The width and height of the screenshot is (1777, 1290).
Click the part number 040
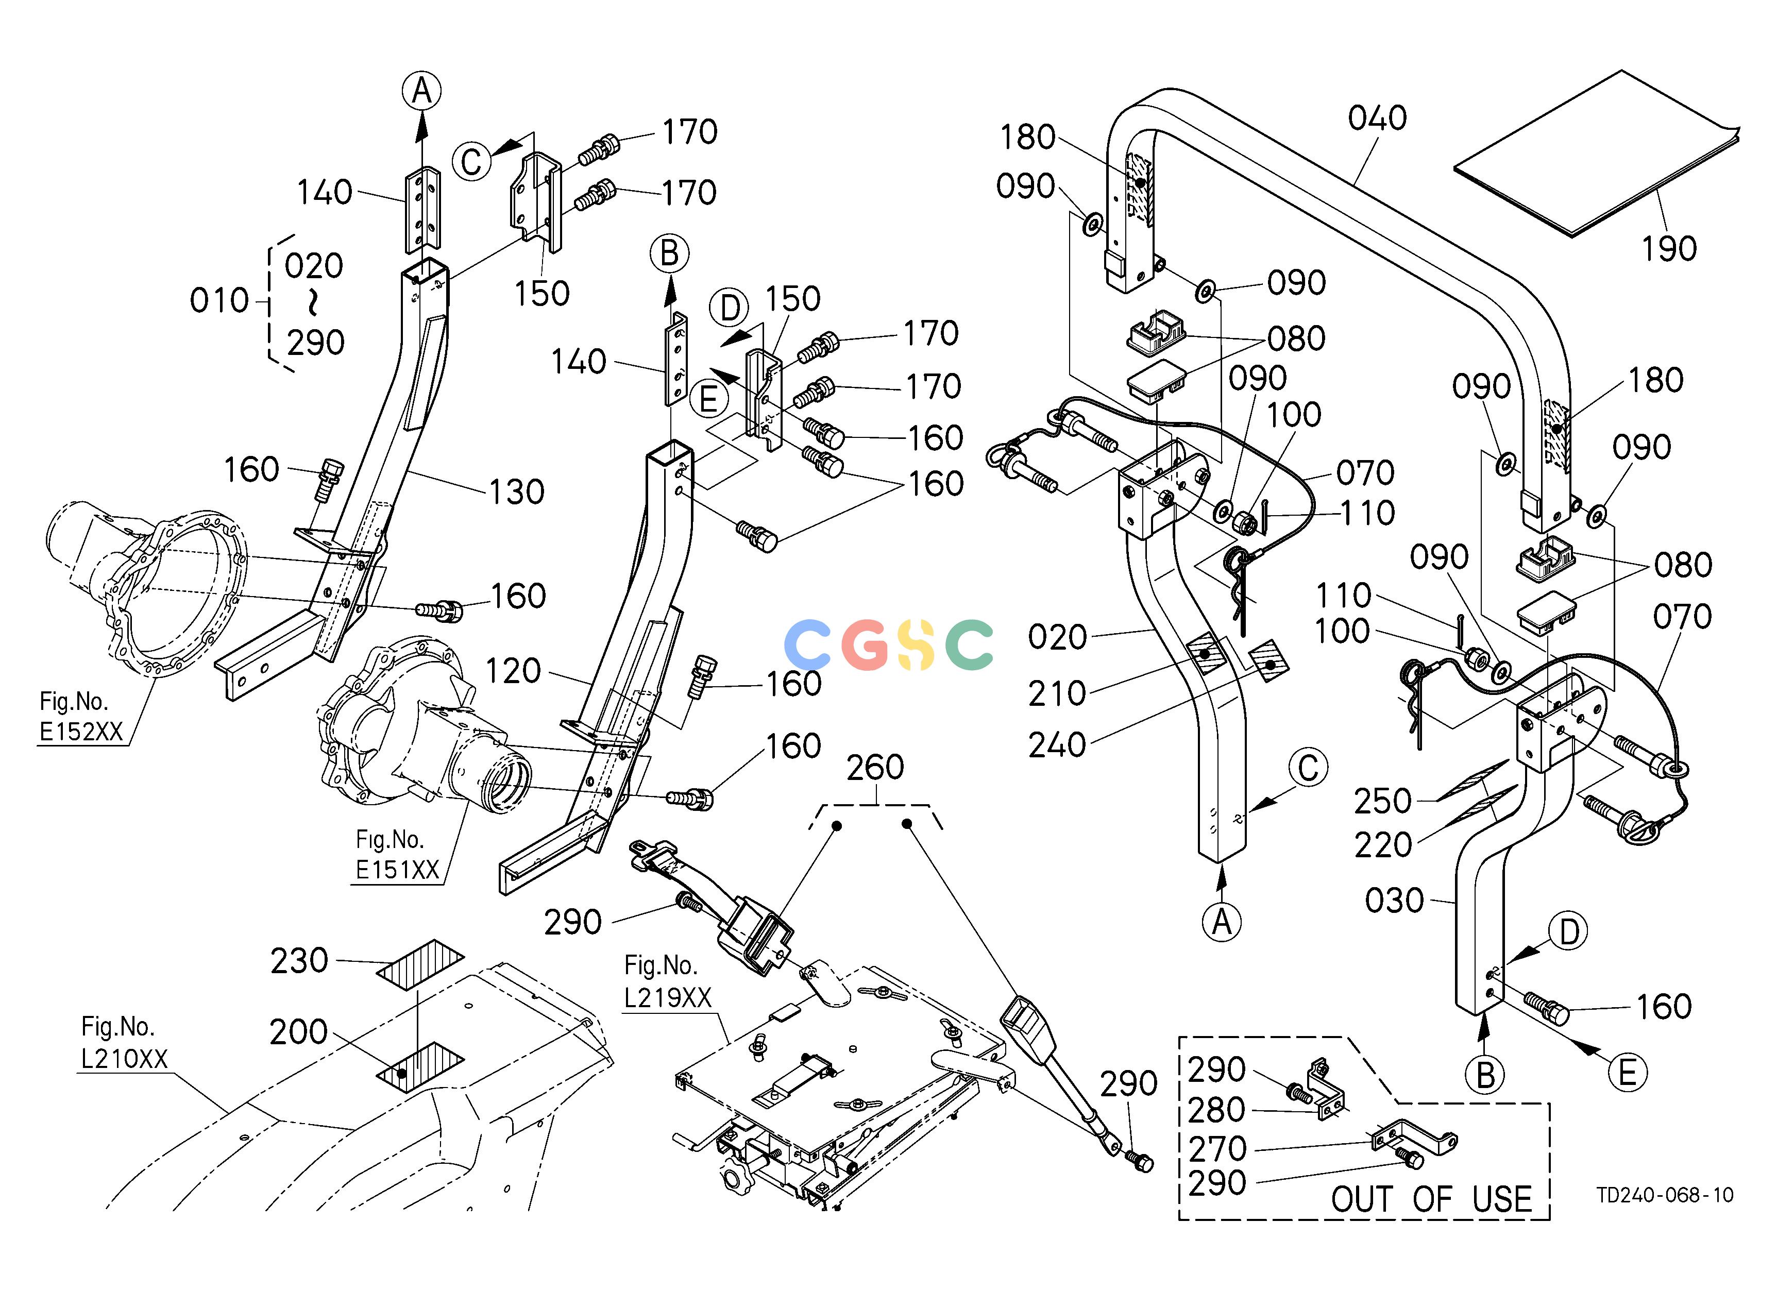click(x=1377, y=118)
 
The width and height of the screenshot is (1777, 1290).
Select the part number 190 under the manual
click(x=1669, y=249)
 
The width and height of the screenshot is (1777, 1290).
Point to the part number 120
click(x=513, y=671)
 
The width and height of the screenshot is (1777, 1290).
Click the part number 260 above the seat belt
click(x=875, y=768)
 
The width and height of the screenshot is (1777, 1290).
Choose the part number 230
click(x=299, y=961)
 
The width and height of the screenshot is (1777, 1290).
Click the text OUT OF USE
click(x=1431, y=1199)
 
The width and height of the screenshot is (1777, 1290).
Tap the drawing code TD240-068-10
click(x=1665, y=1195)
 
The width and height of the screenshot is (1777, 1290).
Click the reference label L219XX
click(x=668, y=997)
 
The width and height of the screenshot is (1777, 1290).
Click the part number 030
click(x=1395, y=901)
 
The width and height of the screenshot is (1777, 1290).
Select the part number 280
click(x=1217, y=1110)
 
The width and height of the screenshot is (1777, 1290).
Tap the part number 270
click(x=1217, y=1149)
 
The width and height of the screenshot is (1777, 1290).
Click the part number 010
click(x=219, y=301)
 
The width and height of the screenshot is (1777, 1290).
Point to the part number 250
click(x=1383, y=801)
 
